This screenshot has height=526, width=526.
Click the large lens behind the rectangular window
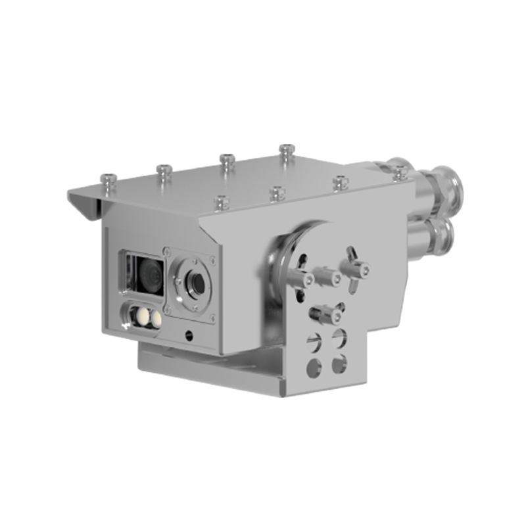click(148, 275)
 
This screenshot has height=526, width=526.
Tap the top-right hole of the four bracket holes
click(339, 338)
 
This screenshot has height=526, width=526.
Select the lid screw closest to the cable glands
click(400, 172)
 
